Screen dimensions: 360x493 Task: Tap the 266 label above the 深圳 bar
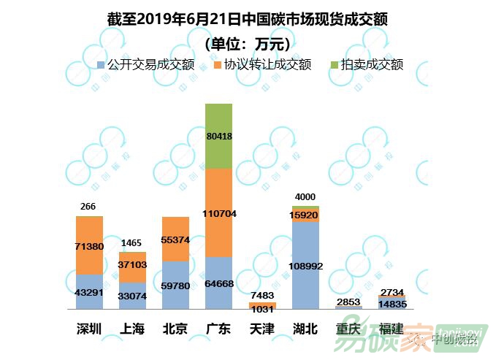point(88,207)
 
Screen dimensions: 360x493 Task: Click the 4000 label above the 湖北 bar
point(305,196)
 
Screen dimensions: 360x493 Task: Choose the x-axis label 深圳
point(88,329)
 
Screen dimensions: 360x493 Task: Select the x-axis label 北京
point(175,329)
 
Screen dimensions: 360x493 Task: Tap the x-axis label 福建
point(392,329)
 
